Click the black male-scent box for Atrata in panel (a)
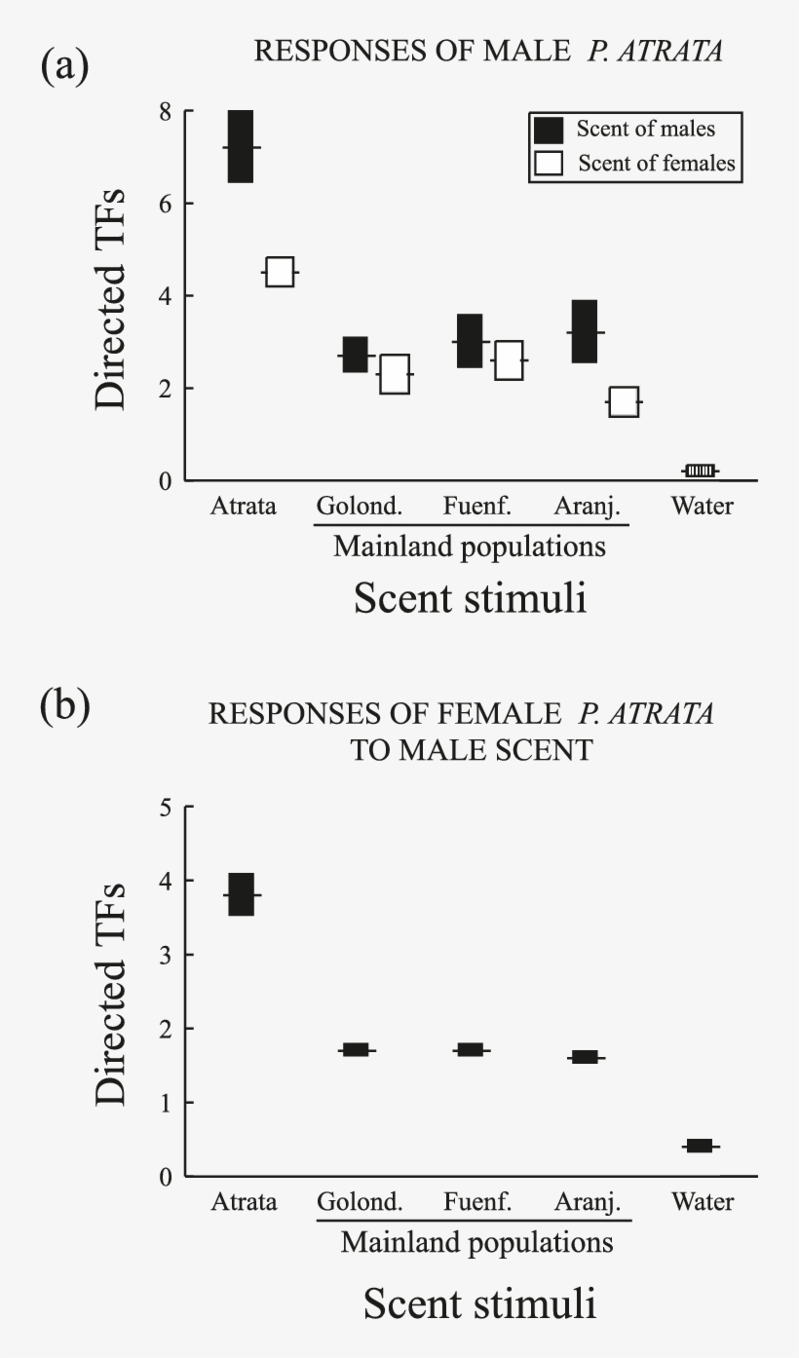[241, 146]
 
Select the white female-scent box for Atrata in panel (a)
[280, 272]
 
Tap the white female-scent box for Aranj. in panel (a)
[623, 401]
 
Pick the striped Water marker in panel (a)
[700, 471]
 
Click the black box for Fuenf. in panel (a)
[470, 341]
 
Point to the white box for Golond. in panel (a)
[394, 374]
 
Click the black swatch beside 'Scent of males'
[548, 129]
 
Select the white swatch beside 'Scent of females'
[548, 164]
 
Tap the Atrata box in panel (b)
[241, 894]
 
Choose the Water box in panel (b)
[700, 1146]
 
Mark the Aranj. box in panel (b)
[585, 1057]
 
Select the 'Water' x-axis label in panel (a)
[703, 507]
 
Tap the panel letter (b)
[64, 707]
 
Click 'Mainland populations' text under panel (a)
[470, 547]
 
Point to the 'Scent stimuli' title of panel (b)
[480, 1303]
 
